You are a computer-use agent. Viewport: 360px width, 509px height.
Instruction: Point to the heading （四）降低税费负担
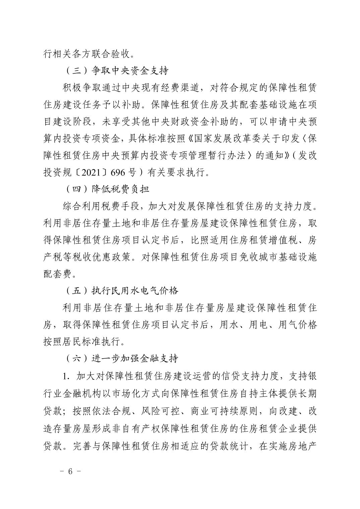pyautogui.click(x=106, y=189)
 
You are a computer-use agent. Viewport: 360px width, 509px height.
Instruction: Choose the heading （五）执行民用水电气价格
pyautogui.click(x=121, y=290)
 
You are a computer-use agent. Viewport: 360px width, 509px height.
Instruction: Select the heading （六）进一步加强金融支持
pyautogui.click(x=121, y=358)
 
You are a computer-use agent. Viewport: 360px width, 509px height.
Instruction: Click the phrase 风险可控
pyautogui.click(x=160, y=411)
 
